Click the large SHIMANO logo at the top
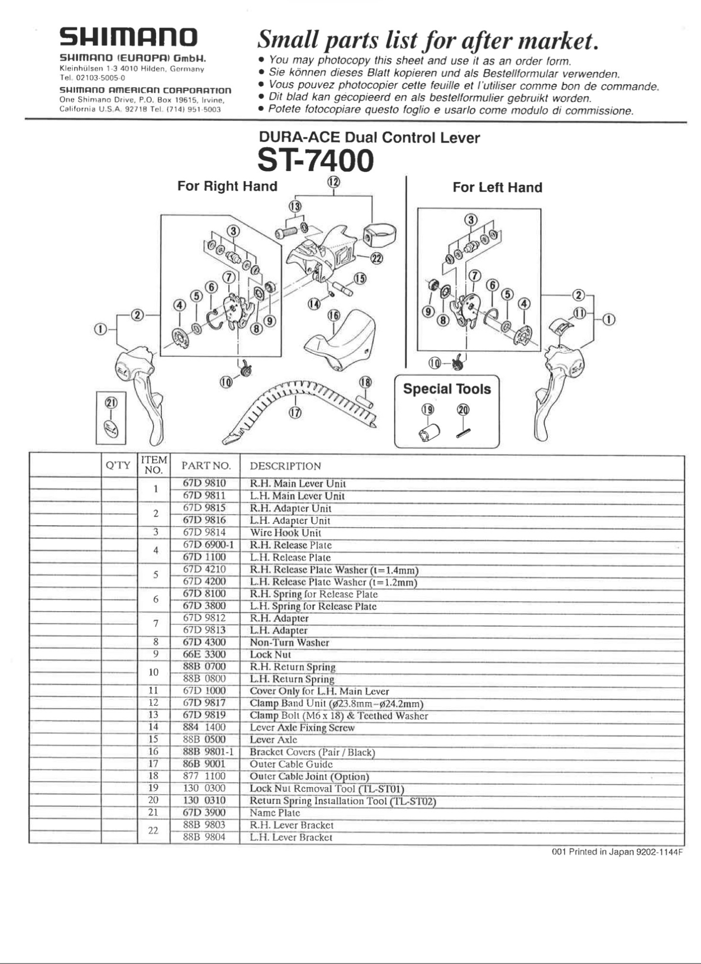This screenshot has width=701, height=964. (x=129, y=38)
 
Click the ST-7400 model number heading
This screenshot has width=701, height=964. (x=316, y=160)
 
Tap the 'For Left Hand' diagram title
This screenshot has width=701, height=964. (x=497, y=187)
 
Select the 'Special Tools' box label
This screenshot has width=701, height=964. (x=447, y=389)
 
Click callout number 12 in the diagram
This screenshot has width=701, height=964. (x=333, y=182)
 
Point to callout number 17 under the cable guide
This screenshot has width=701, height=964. (x=295, y=413)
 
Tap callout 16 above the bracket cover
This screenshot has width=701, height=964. (x=334, y=315)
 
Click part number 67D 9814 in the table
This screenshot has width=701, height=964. (x=204, y=533)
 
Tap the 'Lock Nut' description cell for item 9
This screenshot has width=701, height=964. (x=270, y=655)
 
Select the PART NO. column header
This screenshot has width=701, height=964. (x=206, y=466)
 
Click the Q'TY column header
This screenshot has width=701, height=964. (x=118, y=465)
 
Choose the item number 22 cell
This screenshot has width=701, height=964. (x=153, y=830)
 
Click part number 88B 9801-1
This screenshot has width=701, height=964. (x=208, y=752)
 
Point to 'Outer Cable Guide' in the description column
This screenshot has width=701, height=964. (x=291, y=764)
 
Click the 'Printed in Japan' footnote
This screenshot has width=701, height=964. (x=617, y=852)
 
